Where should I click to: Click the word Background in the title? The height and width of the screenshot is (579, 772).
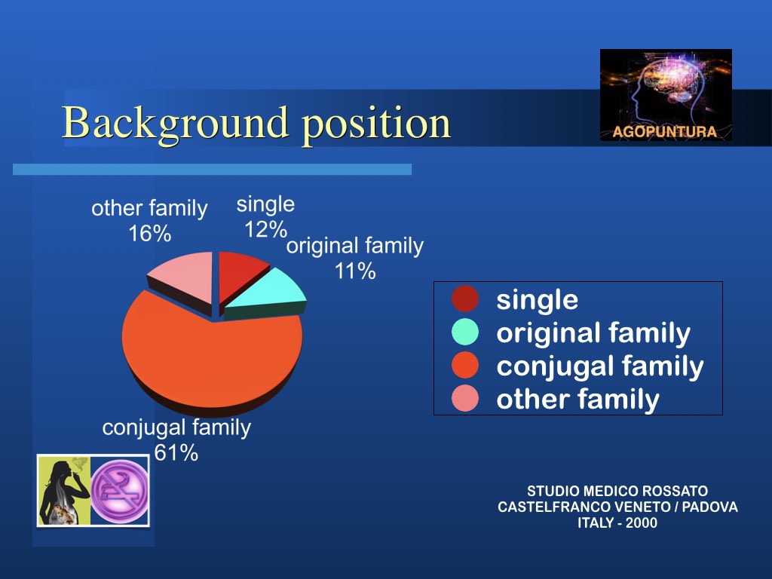point(175,124)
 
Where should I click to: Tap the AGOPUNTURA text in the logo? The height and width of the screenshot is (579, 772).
point(665,132)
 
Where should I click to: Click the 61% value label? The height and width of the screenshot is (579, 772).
point(176,453)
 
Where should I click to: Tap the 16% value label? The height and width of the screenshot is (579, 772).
point(150,234)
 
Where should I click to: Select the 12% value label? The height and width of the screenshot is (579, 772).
point(266,229)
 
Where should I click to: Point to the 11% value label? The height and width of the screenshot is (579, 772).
point(355,271)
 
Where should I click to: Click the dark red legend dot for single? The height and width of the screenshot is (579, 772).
point(464,299)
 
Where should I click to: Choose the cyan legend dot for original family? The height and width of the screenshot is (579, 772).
point(464,332)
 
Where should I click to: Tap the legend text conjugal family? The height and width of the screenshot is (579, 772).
point(600,367)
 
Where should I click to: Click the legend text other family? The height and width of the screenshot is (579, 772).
point(577,400)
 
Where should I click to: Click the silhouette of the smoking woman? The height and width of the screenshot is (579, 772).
point(64,492)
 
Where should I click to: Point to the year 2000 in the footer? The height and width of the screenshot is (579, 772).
point(642,523)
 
